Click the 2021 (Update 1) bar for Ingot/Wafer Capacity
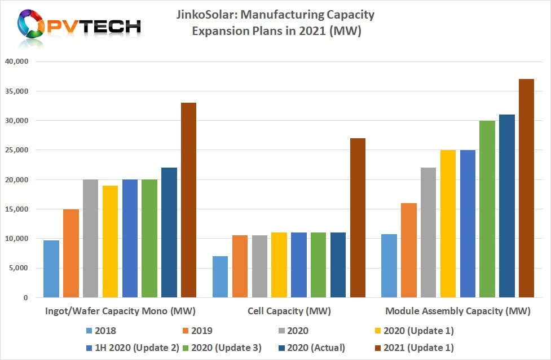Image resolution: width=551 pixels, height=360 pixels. point(189,200)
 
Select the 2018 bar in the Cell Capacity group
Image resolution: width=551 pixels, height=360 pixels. point(221,276)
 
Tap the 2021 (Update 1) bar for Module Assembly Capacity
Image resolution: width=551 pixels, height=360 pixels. point(526,188)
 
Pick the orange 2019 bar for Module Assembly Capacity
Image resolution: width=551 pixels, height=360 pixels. point(409,251)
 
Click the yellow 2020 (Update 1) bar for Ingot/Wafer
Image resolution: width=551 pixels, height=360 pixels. point(111,242)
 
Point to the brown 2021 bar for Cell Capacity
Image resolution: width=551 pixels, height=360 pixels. point(358,218)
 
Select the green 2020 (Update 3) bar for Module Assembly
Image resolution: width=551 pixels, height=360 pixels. point(487,209)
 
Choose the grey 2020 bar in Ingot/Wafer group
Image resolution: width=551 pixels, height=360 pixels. point(91,238)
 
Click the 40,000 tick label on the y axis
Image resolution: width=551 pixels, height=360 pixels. point(16,62)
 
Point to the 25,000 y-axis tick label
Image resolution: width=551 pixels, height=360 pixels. point(16,150)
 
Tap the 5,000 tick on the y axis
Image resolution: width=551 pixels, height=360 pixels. point(18,268)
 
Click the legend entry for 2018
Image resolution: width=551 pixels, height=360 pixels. point(101,331)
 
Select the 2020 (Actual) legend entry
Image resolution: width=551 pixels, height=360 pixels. point(312,348)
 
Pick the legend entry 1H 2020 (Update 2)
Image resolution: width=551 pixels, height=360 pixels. point(133,348)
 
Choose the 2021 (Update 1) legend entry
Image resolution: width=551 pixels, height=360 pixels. point(415,348)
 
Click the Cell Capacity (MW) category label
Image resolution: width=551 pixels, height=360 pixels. point(289,311)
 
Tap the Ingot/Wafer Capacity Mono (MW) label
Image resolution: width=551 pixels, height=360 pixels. point(120,311)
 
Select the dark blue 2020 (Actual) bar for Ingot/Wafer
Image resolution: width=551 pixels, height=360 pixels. point(169,232)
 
